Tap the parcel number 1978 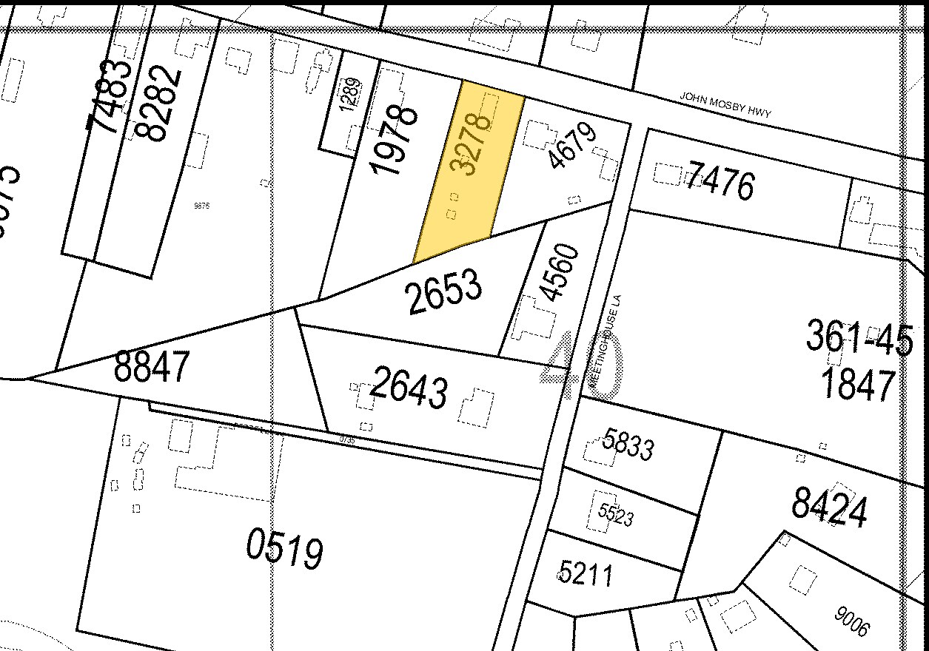click(x=394, y=141)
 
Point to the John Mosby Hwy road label click(x=726, y=105)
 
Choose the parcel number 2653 click(x=444, y=291)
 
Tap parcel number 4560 click(x=559, y=272)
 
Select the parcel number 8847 click(x=152, y=366)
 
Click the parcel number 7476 click(x=720, y=183)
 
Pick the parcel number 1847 click(x=859, y=384)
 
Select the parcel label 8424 click(x=829, y=507)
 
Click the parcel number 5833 click(x=628, y=445)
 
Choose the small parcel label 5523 click(x=616, y=513)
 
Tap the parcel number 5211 click(x=586, y=572)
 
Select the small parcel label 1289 click(x=351, y=94)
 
